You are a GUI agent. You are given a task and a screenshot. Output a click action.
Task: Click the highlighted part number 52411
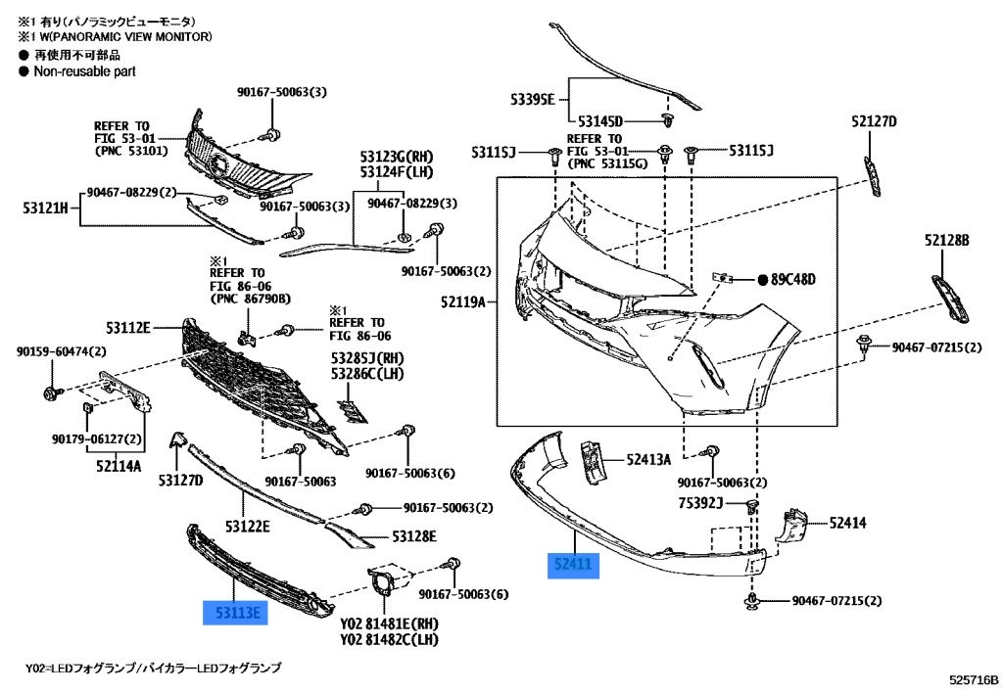571,565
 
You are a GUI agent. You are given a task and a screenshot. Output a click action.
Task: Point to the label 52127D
874,121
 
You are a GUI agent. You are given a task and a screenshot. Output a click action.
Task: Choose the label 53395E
532,99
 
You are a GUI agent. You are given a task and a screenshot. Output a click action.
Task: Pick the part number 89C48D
792,279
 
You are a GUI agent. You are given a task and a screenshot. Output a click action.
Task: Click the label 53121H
45,208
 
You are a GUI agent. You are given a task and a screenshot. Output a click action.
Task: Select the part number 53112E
126,326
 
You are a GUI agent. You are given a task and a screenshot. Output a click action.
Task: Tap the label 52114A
119,465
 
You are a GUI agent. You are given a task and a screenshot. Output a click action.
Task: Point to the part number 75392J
699,503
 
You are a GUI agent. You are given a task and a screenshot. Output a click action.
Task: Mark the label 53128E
414,536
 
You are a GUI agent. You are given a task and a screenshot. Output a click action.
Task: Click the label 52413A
649,458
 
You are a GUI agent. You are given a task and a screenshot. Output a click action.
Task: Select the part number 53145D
599,121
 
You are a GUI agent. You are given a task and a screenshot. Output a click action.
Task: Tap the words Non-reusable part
84,71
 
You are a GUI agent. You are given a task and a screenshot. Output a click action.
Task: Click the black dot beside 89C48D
762,279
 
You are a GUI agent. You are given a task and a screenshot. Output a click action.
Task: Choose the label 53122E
248,526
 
